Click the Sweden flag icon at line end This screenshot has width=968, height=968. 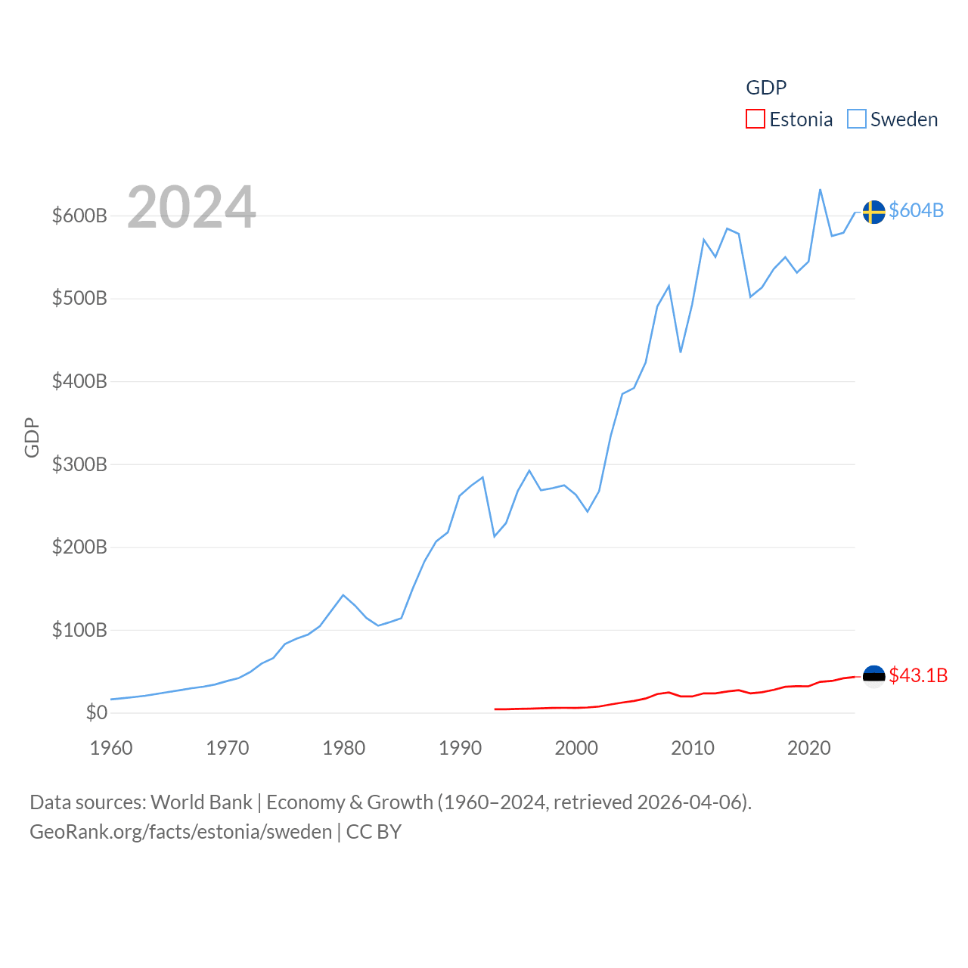[873, 212]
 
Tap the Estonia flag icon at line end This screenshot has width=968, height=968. [873, 676]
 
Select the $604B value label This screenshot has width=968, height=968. [916, 210]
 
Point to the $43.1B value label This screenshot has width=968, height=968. [918, 675]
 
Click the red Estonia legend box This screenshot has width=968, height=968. [755, 119]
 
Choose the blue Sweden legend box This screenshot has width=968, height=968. [856, 119]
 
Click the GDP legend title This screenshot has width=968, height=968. [766, 88]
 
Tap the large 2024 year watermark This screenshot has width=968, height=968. [191, 207]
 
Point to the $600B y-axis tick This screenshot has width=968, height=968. [79, 216]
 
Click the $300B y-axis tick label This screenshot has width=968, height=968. [79, 464]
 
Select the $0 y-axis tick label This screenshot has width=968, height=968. [96, 712]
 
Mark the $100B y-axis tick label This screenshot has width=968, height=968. [79, 630]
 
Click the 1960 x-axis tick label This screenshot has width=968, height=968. [111, 748]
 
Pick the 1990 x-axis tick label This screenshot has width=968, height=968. [460, 748]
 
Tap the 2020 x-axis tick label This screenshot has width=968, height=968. [808, 748]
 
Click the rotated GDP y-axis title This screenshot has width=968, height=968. [32, 437]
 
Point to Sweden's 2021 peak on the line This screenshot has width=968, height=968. [821, 190]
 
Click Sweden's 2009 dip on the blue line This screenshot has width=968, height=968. [681, 352]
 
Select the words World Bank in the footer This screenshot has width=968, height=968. [201, 802]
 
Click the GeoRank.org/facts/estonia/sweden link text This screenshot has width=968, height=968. [181, 832]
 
